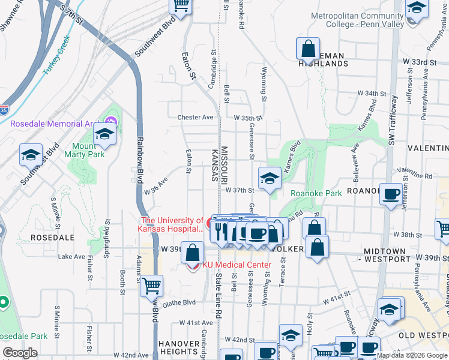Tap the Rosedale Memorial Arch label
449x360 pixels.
pos(51,124)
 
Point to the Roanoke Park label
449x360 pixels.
pos(316,193)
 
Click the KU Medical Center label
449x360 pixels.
pos(237,265)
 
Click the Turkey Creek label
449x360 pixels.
pos(56,55)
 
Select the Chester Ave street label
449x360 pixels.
pos(195,118)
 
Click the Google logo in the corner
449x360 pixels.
pos(20,353)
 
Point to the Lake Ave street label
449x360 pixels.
pos(71,256)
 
